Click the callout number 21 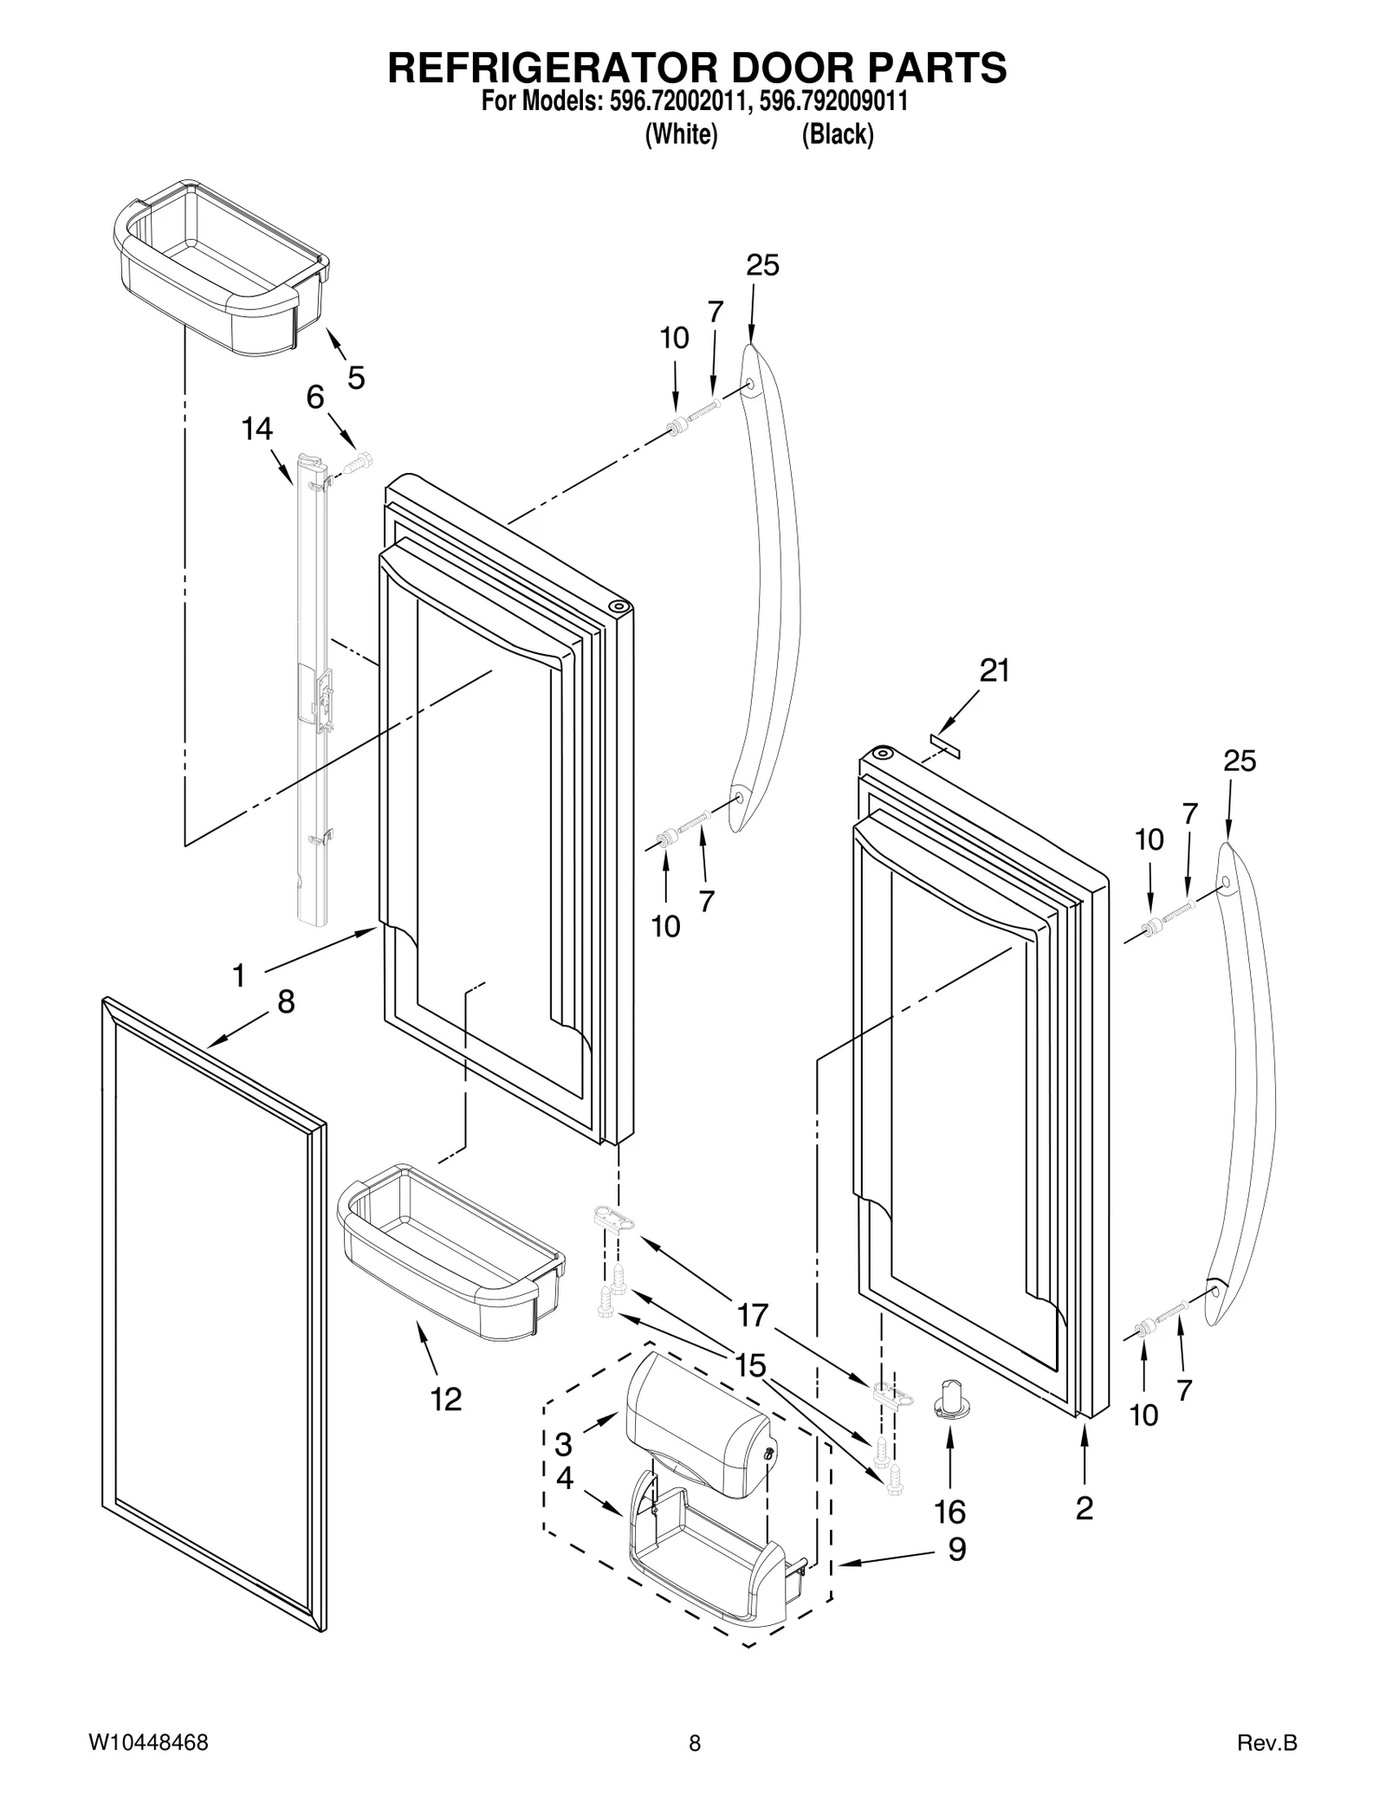coord(994,670)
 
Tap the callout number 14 coord(257,429)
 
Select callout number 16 coord(950,1512)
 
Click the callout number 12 coord(446,1399)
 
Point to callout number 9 coord(956,1549)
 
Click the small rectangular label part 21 coord(945,746)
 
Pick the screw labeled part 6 coord(357,463)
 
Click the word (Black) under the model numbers coord(838,135)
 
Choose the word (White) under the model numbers coord(682,135)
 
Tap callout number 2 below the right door coord(1084,1508)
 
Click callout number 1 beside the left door coord(238,976)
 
